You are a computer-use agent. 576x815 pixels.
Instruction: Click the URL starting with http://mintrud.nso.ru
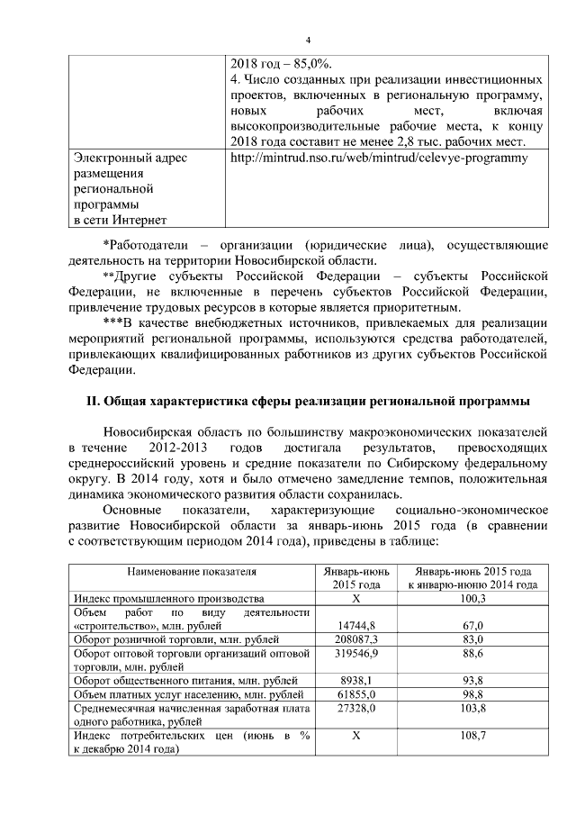tap(379, 158)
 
